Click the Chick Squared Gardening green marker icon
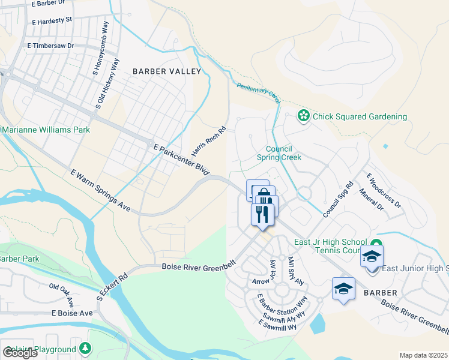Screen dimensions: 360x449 tap(304, 116)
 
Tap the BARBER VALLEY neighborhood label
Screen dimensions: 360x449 tap(167, 71)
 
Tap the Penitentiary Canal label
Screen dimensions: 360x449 tap(259, 92)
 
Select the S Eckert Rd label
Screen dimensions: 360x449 tap(112, 287)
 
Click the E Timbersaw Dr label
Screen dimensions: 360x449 tap(50, 45)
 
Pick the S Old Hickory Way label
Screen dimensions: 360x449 tap(98, 83)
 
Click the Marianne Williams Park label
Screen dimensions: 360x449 tap(46, 130)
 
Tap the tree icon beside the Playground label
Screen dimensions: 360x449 tap(85, 349)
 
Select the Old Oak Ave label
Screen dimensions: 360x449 tap(62, 294)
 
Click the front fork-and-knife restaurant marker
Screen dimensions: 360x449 tap(262, 214)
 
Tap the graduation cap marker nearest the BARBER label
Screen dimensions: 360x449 tap(343, 289)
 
